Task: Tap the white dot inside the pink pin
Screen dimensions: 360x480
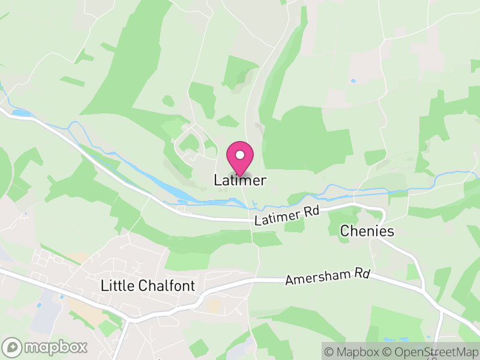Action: click(x=240, y=155)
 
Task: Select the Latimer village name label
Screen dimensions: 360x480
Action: click(x=240, y=180)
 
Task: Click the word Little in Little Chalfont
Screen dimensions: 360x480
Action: click(x=120, y=286)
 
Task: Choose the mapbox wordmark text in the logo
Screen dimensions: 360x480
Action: click(x=56, y=347)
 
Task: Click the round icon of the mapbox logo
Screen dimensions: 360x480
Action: click(x=13, y=347)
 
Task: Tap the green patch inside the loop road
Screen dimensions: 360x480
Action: click(x=190, y=142)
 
